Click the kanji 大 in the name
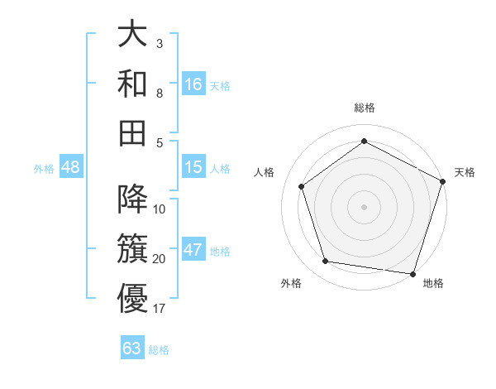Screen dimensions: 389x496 click(132, 34)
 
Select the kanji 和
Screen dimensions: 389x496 click(132, 83)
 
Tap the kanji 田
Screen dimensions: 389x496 click(132, 132)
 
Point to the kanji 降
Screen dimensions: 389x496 click(132, 199)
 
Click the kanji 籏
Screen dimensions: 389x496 click(132, 248)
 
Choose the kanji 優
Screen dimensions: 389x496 click(132, 298)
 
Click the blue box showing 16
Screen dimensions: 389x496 click(193, 84)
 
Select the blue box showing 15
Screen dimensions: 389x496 click(193, 167)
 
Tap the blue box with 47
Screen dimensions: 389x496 click(193, 250)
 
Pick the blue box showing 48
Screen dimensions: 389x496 click(70, 167)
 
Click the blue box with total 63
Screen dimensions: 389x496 click(132, 348)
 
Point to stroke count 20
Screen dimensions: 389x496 click(160, 259)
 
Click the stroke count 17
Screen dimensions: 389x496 click(160, 309)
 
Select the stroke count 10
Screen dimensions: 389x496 click(160, 209)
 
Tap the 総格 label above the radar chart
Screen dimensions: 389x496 click(364, 108)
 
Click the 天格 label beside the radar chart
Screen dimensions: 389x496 click(465, 172)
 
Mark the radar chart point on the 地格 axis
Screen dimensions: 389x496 click(413, 273)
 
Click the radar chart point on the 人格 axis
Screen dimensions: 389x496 click(302, 186)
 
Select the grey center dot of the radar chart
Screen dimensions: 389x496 click(364, 206)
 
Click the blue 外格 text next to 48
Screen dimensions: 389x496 click(44, 168)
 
